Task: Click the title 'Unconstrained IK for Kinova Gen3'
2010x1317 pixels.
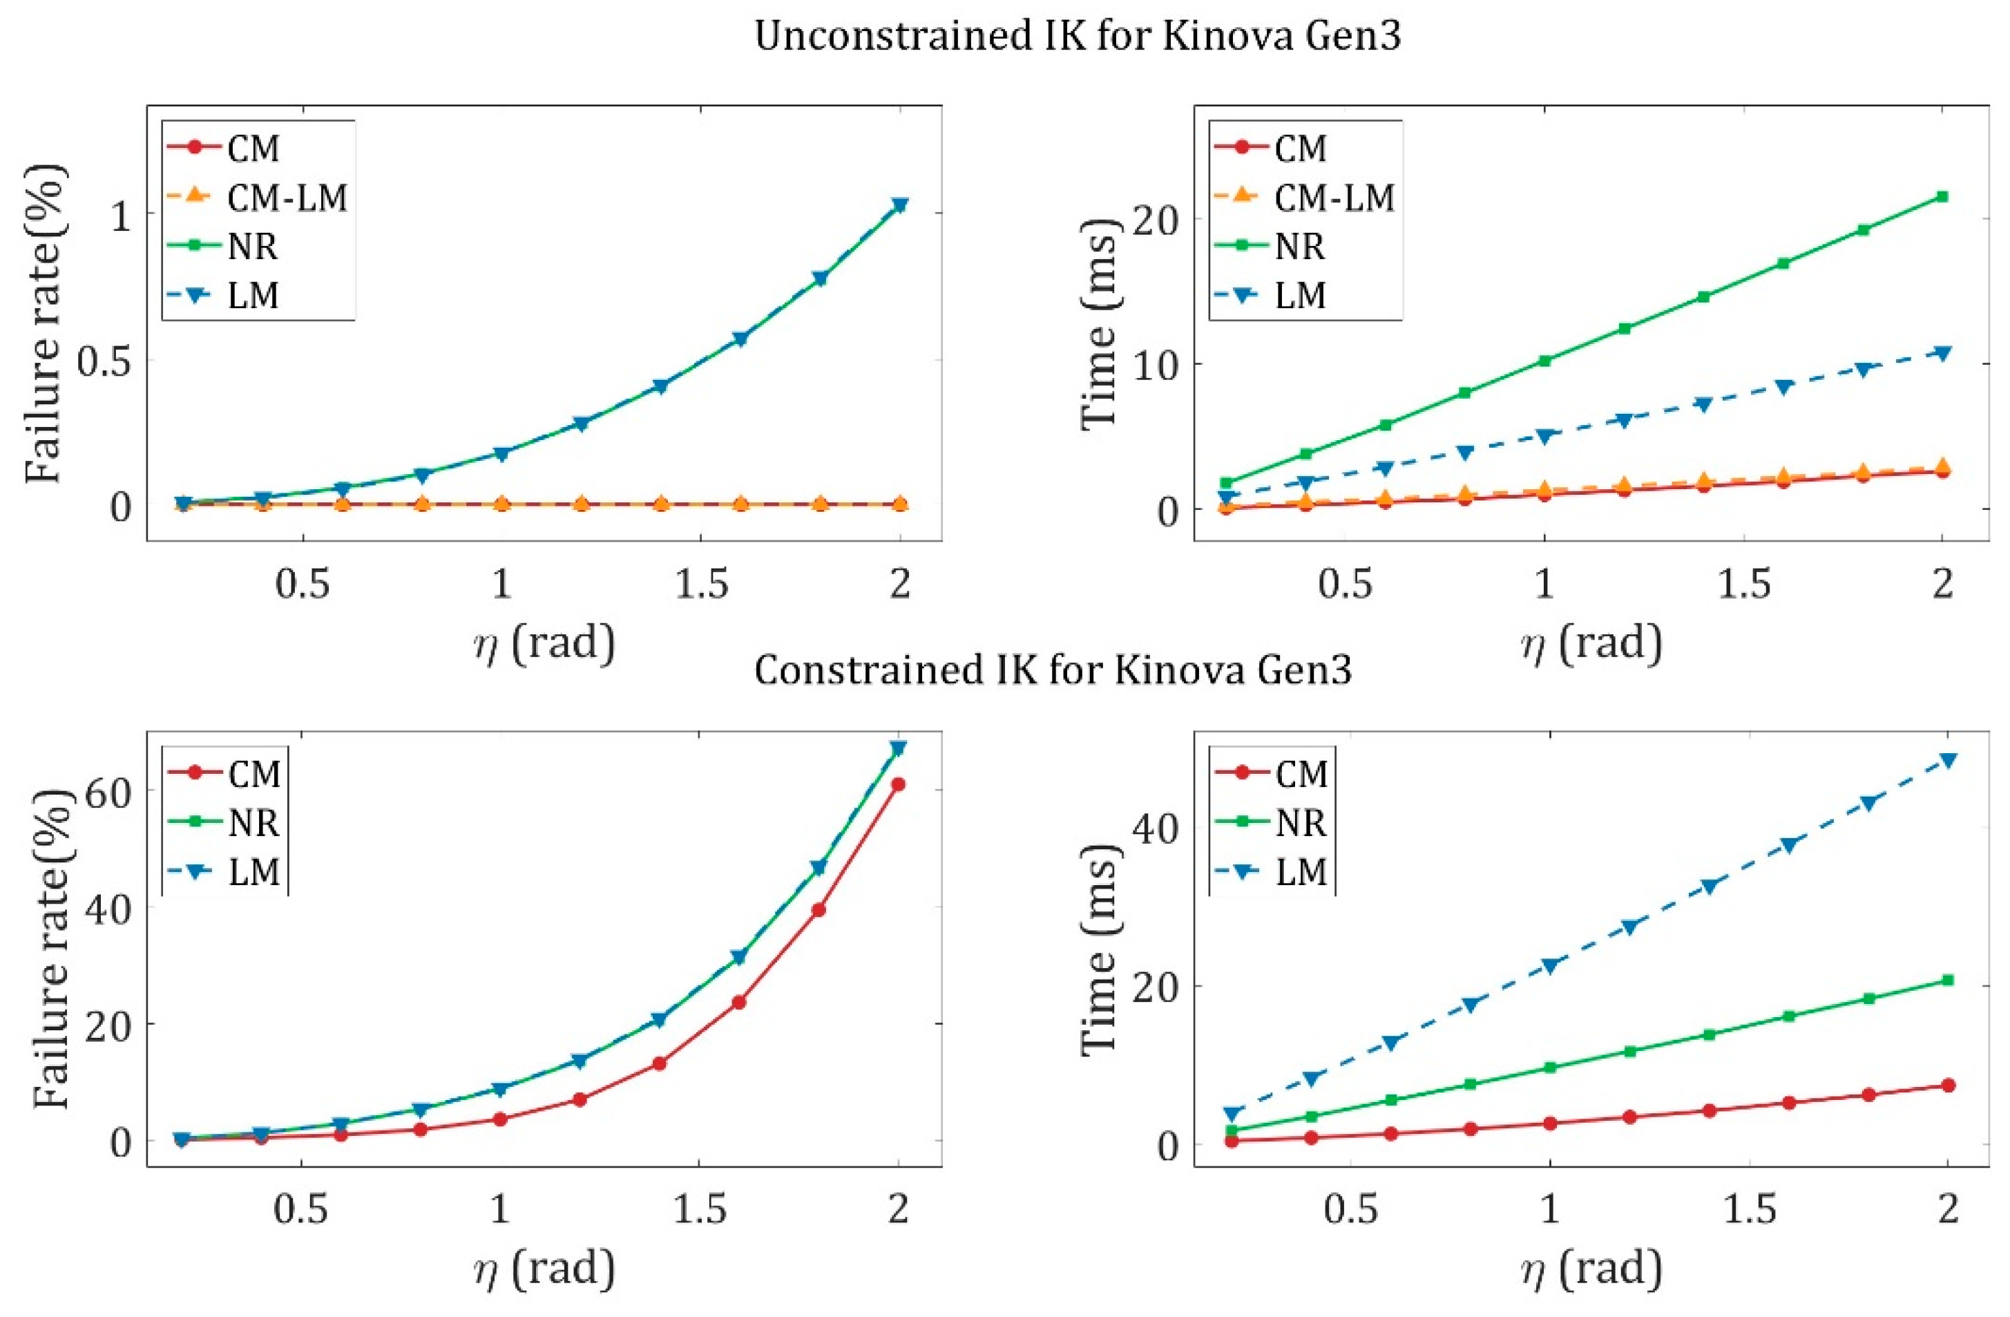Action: click(x=1078, y=39)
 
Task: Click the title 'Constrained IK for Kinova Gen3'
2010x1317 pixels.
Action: click(x=1052, y=670)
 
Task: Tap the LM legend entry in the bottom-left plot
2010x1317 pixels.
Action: click(x=254, y=871)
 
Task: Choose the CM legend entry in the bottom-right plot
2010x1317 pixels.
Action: click(x=1301, y=774)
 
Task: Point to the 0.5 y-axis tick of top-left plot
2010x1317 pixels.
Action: click(x=103, y=361)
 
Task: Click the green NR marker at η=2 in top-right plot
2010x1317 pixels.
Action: click(x=1942, y=197)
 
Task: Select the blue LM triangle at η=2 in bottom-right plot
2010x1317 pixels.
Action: click(x=1949, y=760)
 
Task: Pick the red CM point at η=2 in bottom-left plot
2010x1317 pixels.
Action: click(x=899, y=784)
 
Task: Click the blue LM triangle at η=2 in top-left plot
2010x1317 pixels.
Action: click(x=900, y=205)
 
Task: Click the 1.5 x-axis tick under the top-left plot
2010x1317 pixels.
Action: click(x=702, y=584)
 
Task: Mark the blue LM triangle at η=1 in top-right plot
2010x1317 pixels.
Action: click(x=1544, y=436)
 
